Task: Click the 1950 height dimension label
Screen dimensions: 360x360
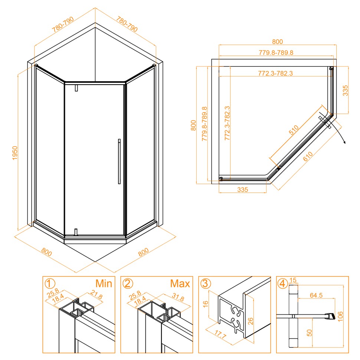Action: coord(15,153)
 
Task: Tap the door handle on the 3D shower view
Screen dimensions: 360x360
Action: coord(119,161)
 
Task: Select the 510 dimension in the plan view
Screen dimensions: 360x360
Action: coord(294,130)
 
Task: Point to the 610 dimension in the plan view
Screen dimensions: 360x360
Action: coord(308,156)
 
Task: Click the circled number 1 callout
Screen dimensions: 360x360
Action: coord(50,284)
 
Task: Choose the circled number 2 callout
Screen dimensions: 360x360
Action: coord(128,284)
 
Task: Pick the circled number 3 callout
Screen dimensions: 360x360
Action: coord(206,284)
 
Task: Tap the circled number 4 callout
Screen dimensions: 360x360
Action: coord(283,284)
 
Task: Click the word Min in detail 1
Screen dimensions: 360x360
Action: coord(104,284)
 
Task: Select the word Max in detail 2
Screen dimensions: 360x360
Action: coord(180,284)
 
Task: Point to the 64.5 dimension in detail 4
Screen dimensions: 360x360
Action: coord(316,295)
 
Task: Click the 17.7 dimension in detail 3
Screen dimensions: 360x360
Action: coord(220,335)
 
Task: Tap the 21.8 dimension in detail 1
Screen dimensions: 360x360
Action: coord(96,295)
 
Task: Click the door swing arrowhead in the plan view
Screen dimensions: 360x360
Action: coord(344,142)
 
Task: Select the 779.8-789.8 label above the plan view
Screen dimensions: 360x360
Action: coord(276,53)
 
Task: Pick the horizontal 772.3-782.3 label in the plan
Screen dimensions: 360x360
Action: coord(275,73)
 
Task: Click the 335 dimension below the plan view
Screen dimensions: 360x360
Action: coord(243,190)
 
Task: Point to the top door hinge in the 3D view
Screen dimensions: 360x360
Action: coord(76,88)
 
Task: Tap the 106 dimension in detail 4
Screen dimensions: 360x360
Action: coord(340,316)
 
